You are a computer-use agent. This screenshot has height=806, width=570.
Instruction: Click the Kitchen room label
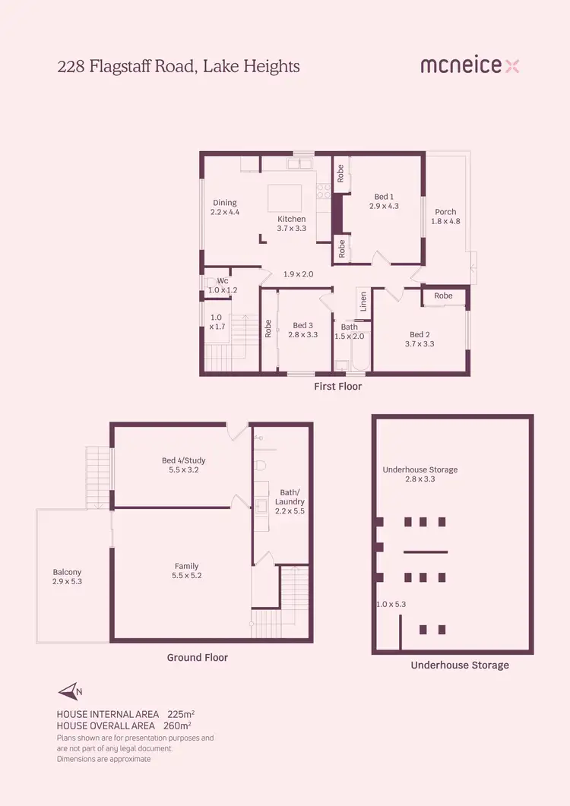click(291, 219)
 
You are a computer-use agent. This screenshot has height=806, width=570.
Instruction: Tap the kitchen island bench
click(285, 198)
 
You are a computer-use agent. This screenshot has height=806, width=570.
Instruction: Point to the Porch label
click(445, 212)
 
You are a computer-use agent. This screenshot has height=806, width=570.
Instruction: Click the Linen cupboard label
click(363, 302)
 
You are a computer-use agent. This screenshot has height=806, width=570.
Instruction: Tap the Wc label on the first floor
click(223, 280)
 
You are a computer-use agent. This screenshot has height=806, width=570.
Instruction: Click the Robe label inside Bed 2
click(443, 296)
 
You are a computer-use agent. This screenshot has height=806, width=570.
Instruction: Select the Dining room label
click(225, 203)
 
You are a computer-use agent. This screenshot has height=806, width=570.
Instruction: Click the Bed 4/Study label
click(183, 460)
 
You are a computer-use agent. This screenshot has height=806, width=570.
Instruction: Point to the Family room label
click(186, 566)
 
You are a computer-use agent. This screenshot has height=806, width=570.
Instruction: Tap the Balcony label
click(67, 572)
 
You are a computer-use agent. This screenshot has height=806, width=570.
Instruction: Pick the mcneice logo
click(470, 66)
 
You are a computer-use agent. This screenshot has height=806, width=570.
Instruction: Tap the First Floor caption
click(338, 387)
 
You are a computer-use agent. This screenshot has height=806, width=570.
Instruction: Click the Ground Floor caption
click(198, 658)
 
